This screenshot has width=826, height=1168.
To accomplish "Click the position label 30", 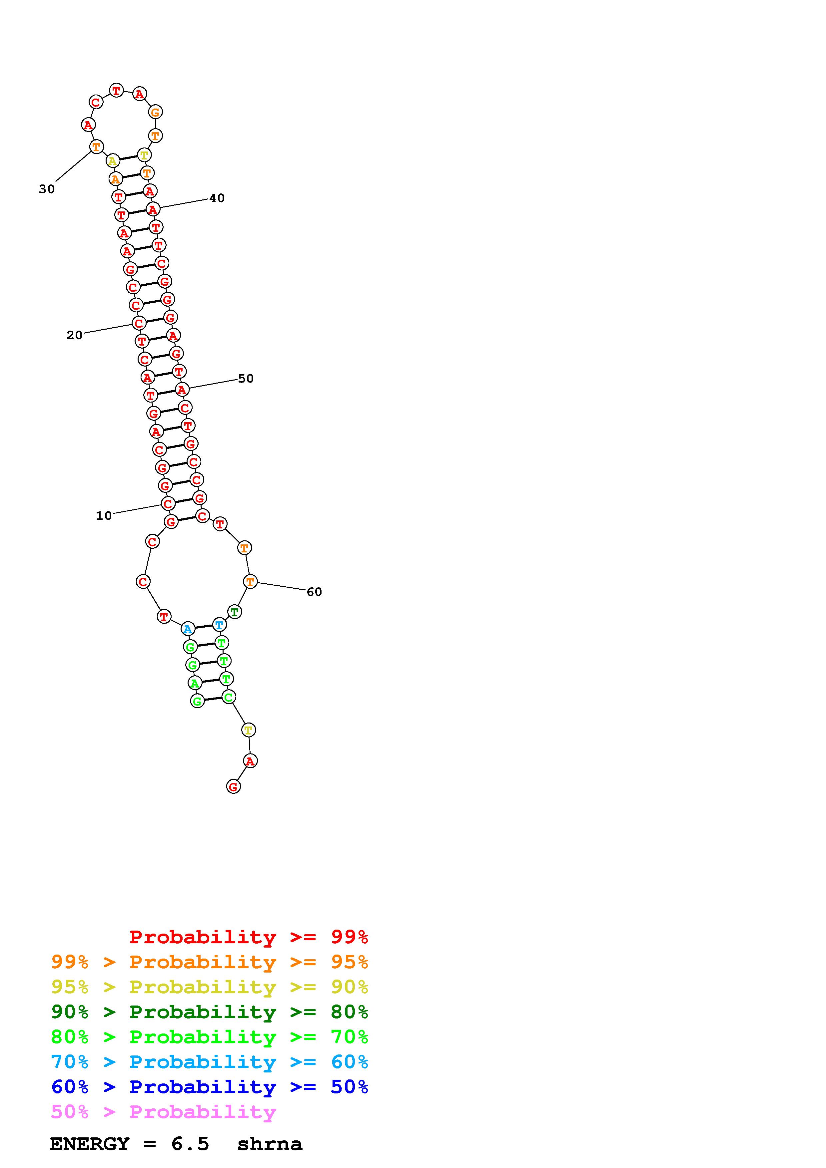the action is click(47, 189).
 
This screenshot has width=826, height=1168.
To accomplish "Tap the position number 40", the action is click(217, 198).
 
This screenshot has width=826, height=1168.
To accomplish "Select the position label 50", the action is click(246, 379).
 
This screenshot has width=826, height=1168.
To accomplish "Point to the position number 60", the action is click(314, 592).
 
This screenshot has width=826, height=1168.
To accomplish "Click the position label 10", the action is click(104, 516).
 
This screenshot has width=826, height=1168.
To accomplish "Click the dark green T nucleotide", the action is click(235, 612).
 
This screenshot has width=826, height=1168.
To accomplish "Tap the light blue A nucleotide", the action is click(188, 629).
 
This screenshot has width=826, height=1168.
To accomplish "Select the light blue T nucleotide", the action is click(219, 625).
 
